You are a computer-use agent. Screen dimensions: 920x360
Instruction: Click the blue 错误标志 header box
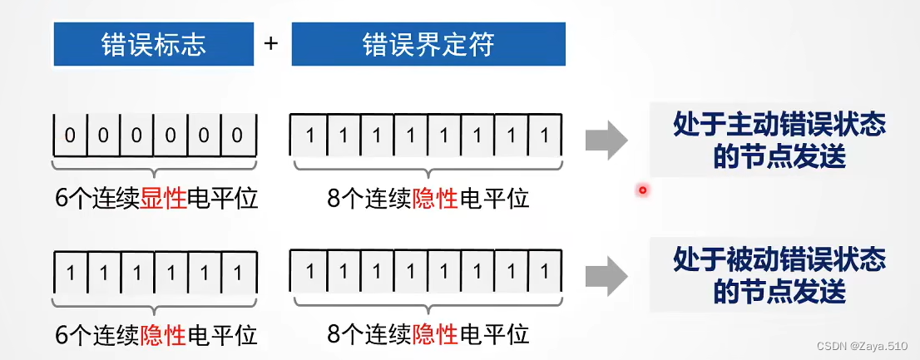tap(155, 44)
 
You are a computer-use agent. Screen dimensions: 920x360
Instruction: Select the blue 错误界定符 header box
tap(428, 44)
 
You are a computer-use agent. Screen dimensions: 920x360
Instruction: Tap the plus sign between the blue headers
tap(270, 43)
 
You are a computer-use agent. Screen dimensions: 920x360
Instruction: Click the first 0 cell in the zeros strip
tap(70, 135)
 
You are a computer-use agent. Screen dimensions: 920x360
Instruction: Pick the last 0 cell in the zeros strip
tap(237, 135)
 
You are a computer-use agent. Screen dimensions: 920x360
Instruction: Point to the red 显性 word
tap(164, 200)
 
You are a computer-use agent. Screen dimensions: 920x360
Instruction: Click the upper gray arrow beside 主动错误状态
tap(606, 140)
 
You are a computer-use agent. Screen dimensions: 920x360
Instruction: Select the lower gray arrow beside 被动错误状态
tap(606, 275)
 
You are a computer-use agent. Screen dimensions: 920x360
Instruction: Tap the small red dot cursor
tap(642, 190)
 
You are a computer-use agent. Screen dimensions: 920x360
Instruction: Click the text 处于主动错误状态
tap(779, 125)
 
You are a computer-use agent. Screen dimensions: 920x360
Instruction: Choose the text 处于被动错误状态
tap(779, 260)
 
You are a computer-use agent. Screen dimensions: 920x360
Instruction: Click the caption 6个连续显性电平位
tap(156, 200)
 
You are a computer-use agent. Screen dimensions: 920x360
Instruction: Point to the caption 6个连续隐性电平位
tap(156, 335)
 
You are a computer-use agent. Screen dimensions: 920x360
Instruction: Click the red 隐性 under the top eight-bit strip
tap(435, 200)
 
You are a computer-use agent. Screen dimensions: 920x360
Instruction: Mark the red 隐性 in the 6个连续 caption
tap(164, 335)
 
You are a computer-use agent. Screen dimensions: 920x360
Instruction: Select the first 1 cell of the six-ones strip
tap(70, 272)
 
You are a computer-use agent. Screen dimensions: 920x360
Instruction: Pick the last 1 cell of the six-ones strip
tap(237, 272)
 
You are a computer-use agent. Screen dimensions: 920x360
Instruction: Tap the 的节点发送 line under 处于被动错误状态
tap(779, 292)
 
